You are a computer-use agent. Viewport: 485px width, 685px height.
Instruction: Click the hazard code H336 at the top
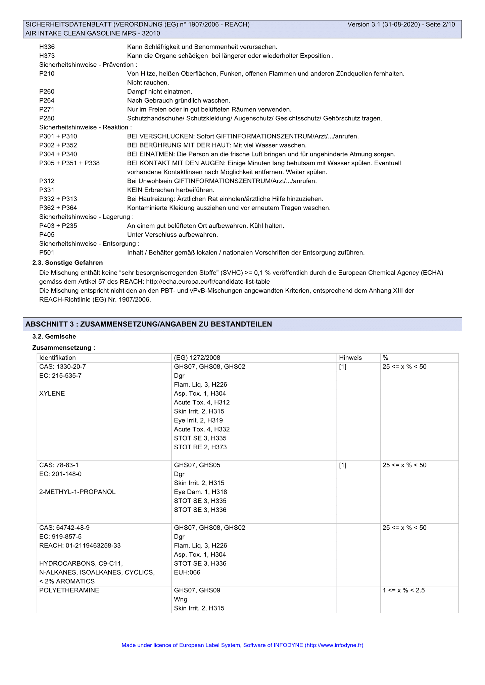pos(47,47)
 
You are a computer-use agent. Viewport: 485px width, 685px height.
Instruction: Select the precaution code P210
pos(47,74)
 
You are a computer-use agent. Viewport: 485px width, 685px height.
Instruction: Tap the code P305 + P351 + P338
pos(69,163)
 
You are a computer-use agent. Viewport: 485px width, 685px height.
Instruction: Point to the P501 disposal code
pos(47,253)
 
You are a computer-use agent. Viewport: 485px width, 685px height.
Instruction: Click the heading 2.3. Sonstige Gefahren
pos(67,263)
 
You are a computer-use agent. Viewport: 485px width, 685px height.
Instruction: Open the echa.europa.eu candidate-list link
pos(208,282)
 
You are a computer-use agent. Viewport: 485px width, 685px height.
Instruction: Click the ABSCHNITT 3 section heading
pos(149,324)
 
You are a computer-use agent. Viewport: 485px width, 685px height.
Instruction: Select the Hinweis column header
pos(350,358)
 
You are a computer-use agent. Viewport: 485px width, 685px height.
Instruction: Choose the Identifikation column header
pos(57,358)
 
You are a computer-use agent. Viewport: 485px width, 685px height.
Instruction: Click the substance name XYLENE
pos(52,394)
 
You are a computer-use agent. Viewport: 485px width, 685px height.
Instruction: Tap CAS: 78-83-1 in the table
pos(59,465)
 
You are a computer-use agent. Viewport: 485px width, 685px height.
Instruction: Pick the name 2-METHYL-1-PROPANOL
pos(77,492)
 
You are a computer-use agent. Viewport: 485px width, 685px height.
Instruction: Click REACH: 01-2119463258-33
pos(80,546)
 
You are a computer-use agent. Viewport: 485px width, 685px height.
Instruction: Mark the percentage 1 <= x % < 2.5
pos(403,590)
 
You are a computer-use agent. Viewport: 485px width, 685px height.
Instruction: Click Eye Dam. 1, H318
pos(200,492)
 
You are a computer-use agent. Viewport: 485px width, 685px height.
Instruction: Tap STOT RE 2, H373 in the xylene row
pos(200,447)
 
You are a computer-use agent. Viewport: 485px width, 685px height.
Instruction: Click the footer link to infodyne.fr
pos(334,645)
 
